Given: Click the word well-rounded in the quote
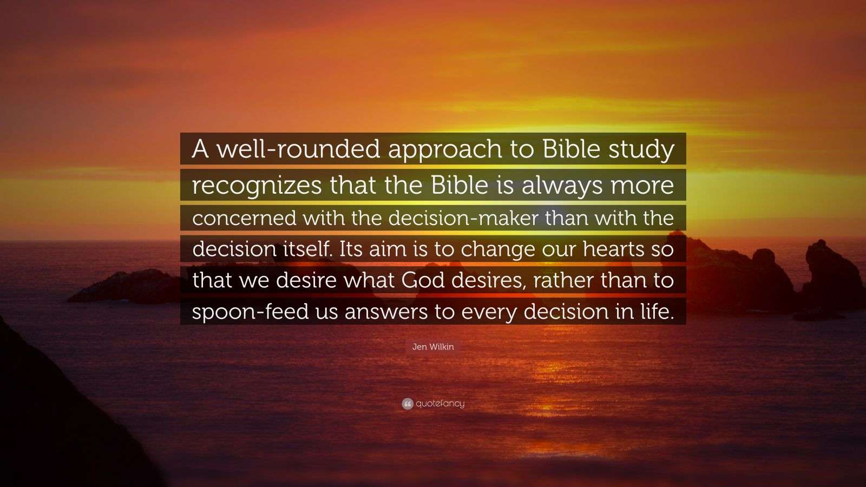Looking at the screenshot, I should (x=299, y=149).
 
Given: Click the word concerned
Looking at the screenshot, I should (x=244, y=218).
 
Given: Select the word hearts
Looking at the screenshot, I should (x=614, y=249).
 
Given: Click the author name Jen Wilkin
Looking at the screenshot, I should (x=433, y=347).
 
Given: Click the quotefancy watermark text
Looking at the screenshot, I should (x=440, y=404).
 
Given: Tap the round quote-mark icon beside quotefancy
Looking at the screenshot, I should (x=408, y=404).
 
